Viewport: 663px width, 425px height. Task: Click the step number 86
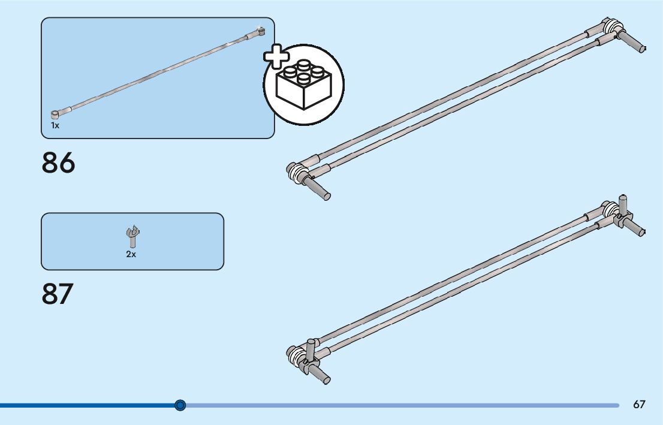(x=59, y=163)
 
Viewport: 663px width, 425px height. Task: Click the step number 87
(x=58, y=294)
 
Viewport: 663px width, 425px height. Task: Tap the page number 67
(x=639, y=405)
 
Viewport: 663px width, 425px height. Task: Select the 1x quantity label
(x=55, y=126)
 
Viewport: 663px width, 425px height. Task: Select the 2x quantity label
(x=131, y=254)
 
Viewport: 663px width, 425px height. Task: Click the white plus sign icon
(x=276, y=57)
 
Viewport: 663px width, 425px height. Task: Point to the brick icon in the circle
(x=305, y=85)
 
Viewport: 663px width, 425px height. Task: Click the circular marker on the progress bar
(x=180, y=406)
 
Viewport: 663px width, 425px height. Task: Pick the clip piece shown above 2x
(x=132, y=236)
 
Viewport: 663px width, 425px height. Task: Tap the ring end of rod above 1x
(x=56, y=113)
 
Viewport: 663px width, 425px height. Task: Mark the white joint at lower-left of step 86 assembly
(x=297, y=173)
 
